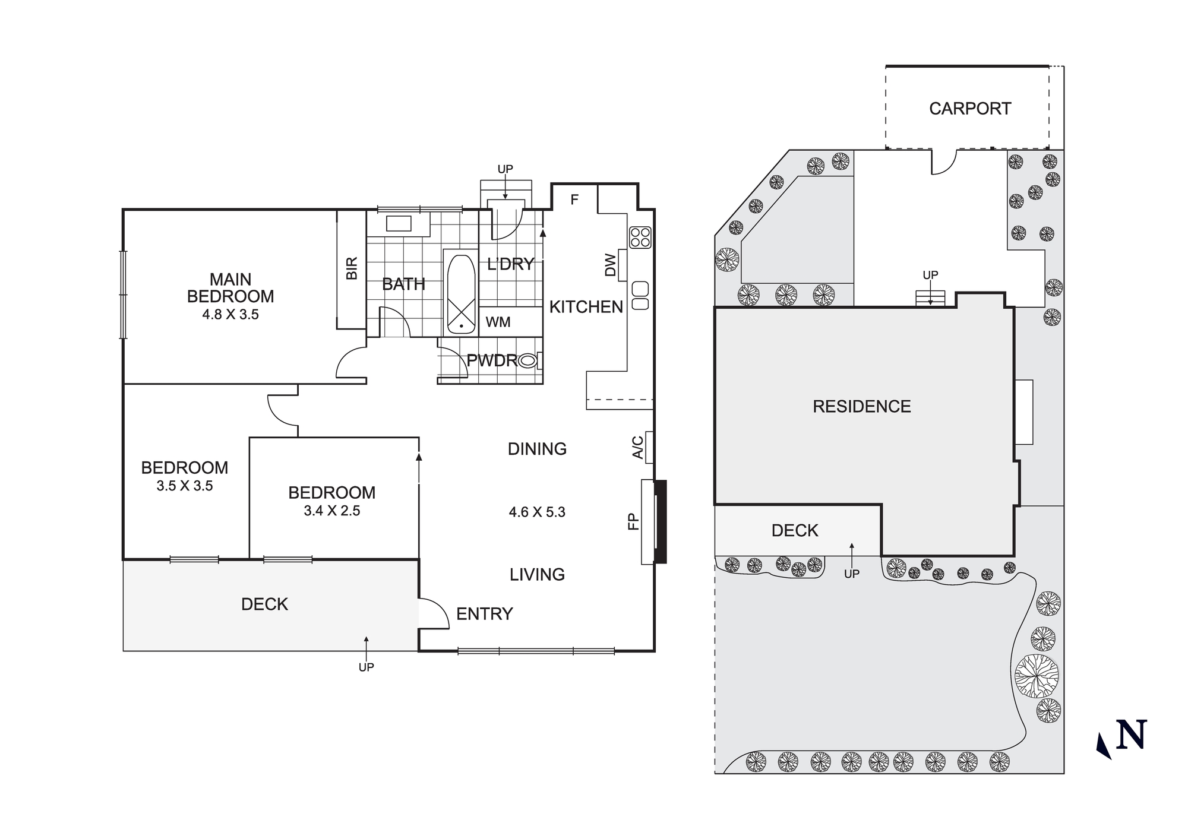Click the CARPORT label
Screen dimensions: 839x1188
click(969, 109)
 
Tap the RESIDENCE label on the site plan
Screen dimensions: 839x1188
click(861, 407)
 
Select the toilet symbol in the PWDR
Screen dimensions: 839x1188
click(528, 360)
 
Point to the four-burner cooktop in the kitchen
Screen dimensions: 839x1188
click(640, 238)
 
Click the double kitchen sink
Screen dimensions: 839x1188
click(640, 296)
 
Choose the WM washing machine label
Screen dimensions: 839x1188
click(498, 322)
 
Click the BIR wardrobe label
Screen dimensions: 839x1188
click(352, 268)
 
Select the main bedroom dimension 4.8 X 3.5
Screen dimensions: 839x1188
click(230, 315)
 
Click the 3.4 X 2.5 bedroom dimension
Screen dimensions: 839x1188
click(331, 511)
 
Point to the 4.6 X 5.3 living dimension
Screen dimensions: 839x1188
click(537, 512)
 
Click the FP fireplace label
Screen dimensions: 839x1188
click(633, 521)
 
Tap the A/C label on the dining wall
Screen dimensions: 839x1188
click(637, 448)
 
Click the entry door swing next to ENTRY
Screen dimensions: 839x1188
click(434, 613)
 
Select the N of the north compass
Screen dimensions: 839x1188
click(1131, 735)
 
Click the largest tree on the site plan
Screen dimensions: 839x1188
click(1037, 676)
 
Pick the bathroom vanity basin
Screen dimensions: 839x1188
click(399, 224)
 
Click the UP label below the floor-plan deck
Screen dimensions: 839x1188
click(366, 667)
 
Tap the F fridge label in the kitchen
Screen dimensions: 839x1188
click(574, 200)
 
